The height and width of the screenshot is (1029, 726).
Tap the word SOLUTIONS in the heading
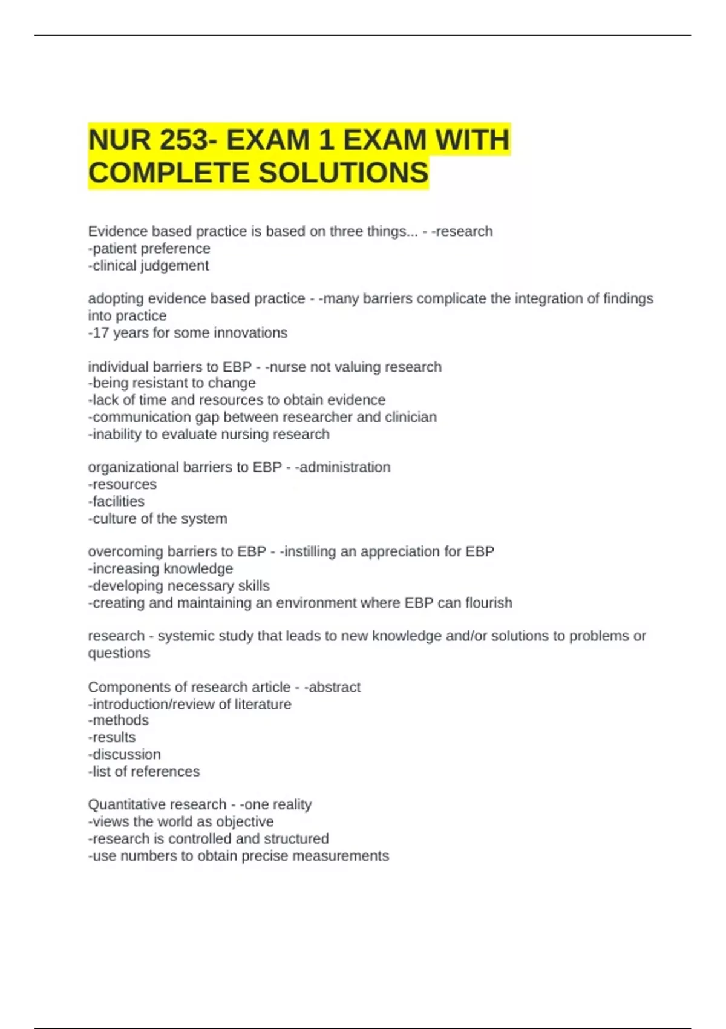[344, 173]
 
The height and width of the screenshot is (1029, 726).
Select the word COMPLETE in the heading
[169, 173]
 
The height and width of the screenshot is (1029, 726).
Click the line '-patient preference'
[149, 248]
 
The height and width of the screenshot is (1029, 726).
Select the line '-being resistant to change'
[172, 383]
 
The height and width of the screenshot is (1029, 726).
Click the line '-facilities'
[116, 501]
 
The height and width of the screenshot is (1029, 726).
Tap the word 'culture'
[114, 519]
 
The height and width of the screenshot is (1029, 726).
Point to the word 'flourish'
[489, 603]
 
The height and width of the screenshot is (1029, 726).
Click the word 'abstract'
[335, 687]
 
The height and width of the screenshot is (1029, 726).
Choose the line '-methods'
[119, 720]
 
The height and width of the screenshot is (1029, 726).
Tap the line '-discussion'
[125, 754]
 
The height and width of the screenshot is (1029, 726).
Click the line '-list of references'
[144, 771]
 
